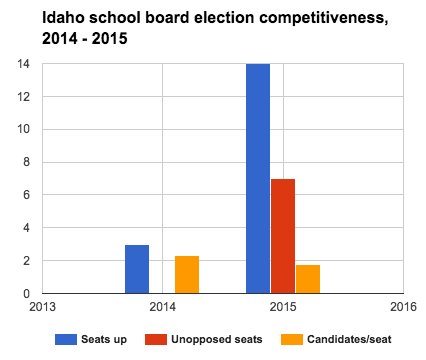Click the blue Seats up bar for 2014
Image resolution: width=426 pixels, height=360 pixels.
pos(137,269)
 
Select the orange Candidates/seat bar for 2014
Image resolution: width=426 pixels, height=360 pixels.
pos(187,275)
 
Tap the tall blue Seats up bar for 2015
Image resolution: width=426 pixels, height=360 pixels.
pos(258,179)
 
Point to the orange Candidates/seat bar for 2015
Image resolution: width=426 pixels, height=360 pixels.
pos(308,279)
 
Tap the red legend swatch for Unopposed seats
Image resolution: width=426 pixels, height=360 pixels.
pos(163,339)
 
